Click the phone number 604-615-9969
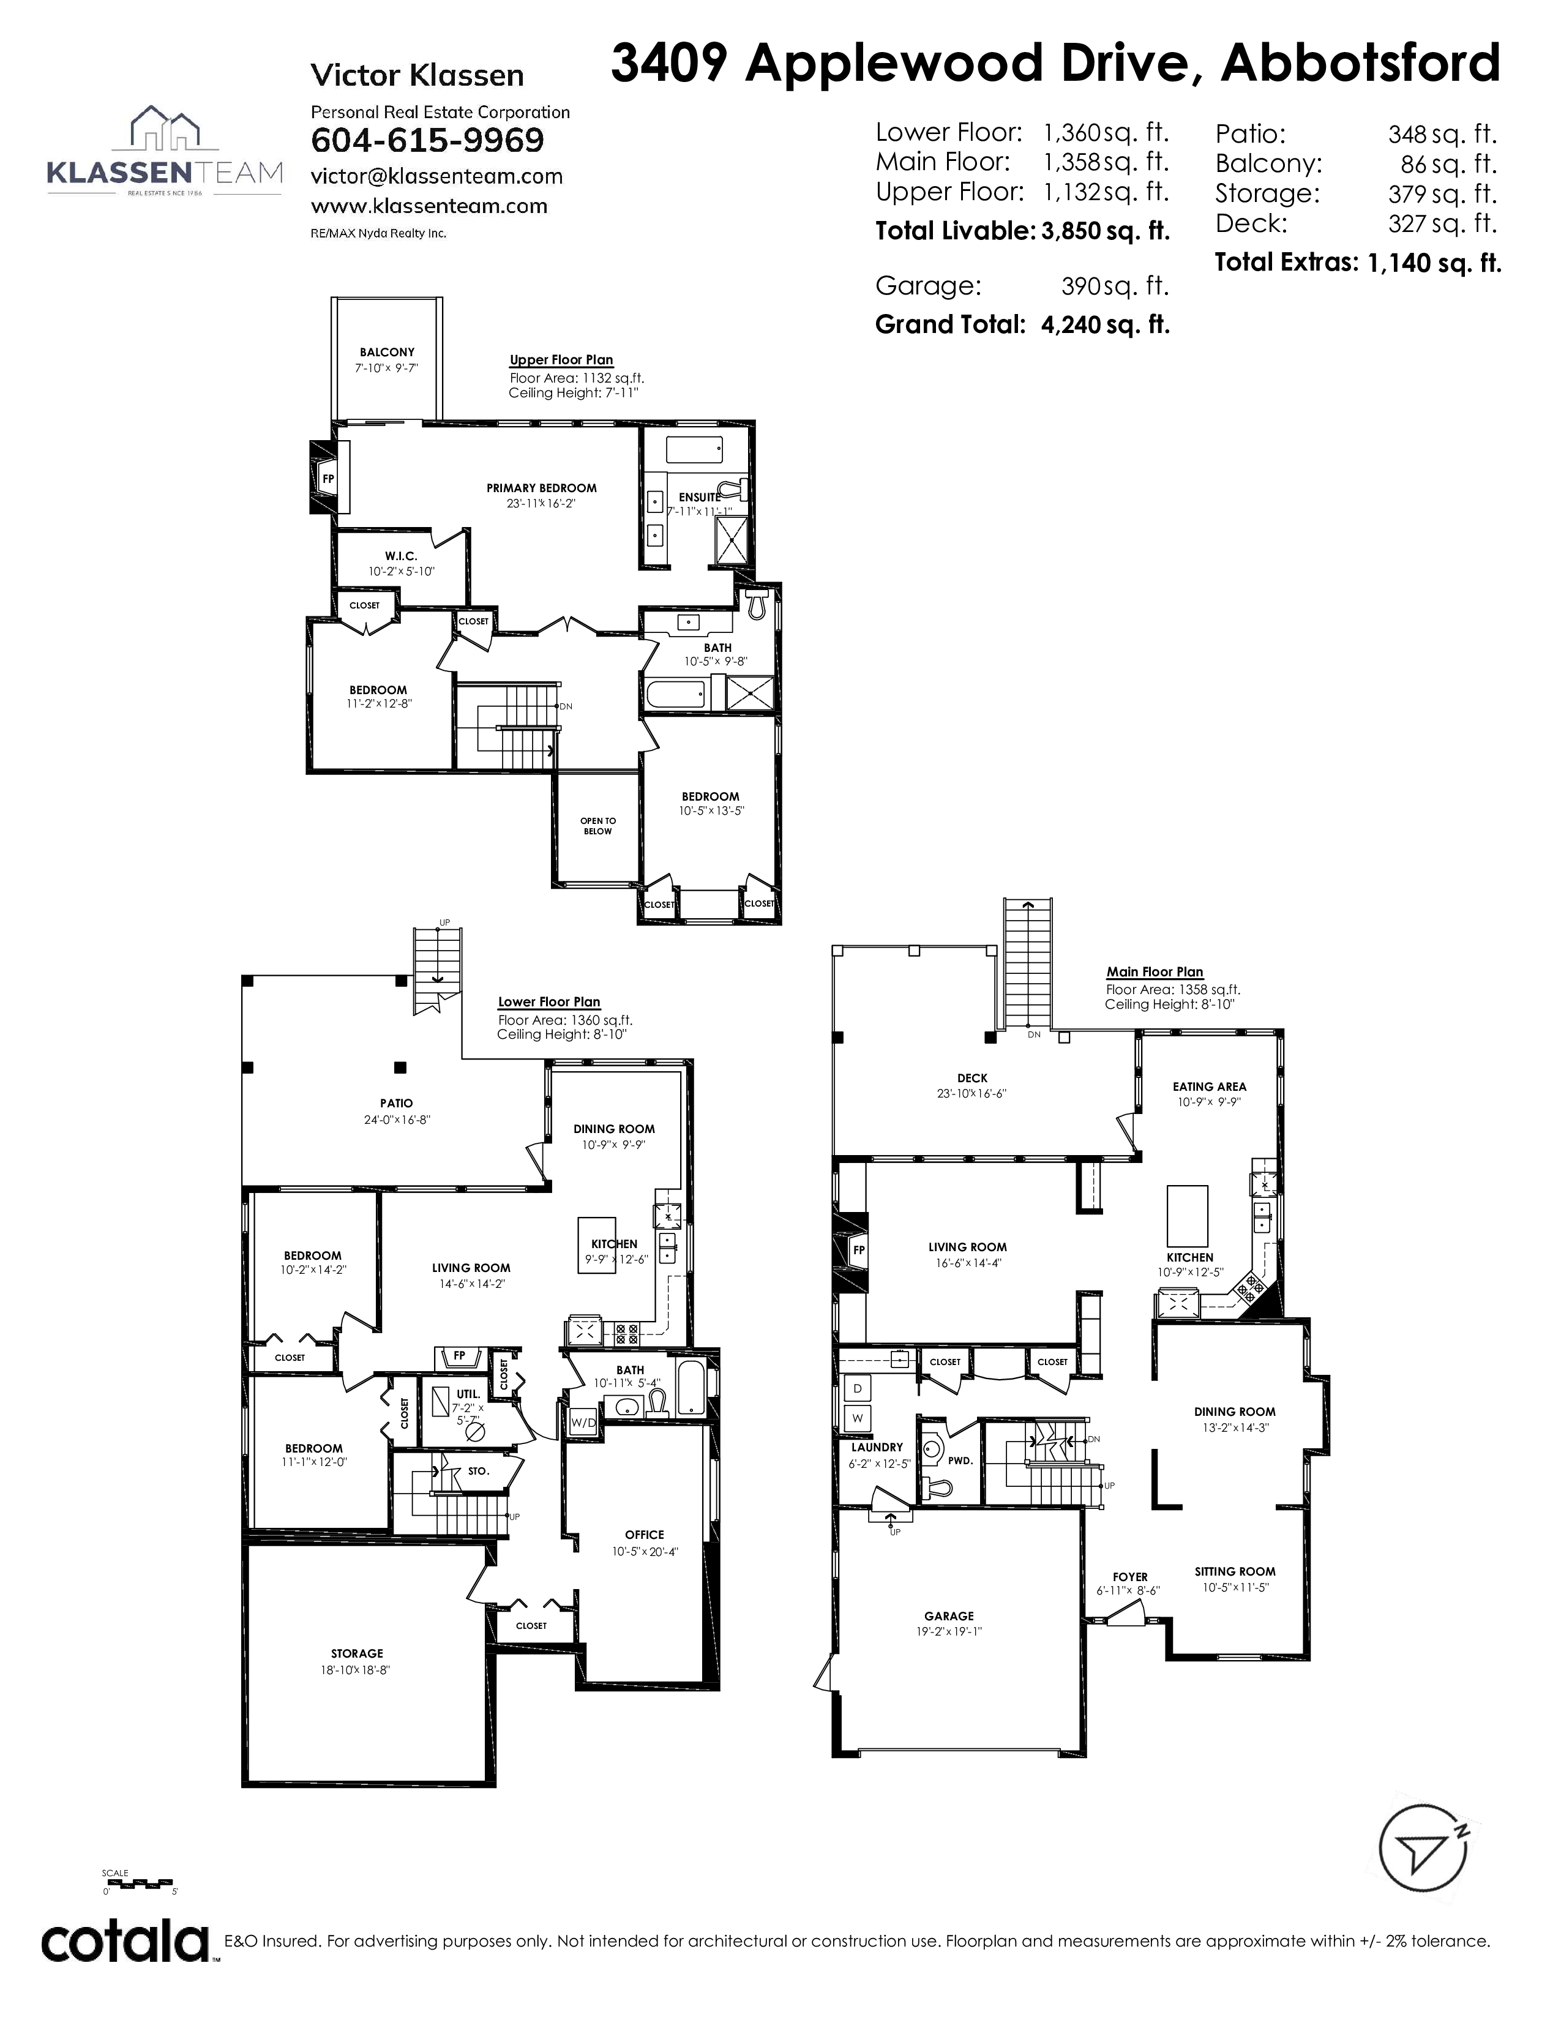point(427,141)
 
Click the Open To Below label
point(597,826)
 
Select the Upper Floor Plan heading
point(561,360)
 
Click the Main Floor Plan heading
point(1155,972)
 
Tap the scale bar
point(139,1881)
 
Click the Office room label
point(645,1535)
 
